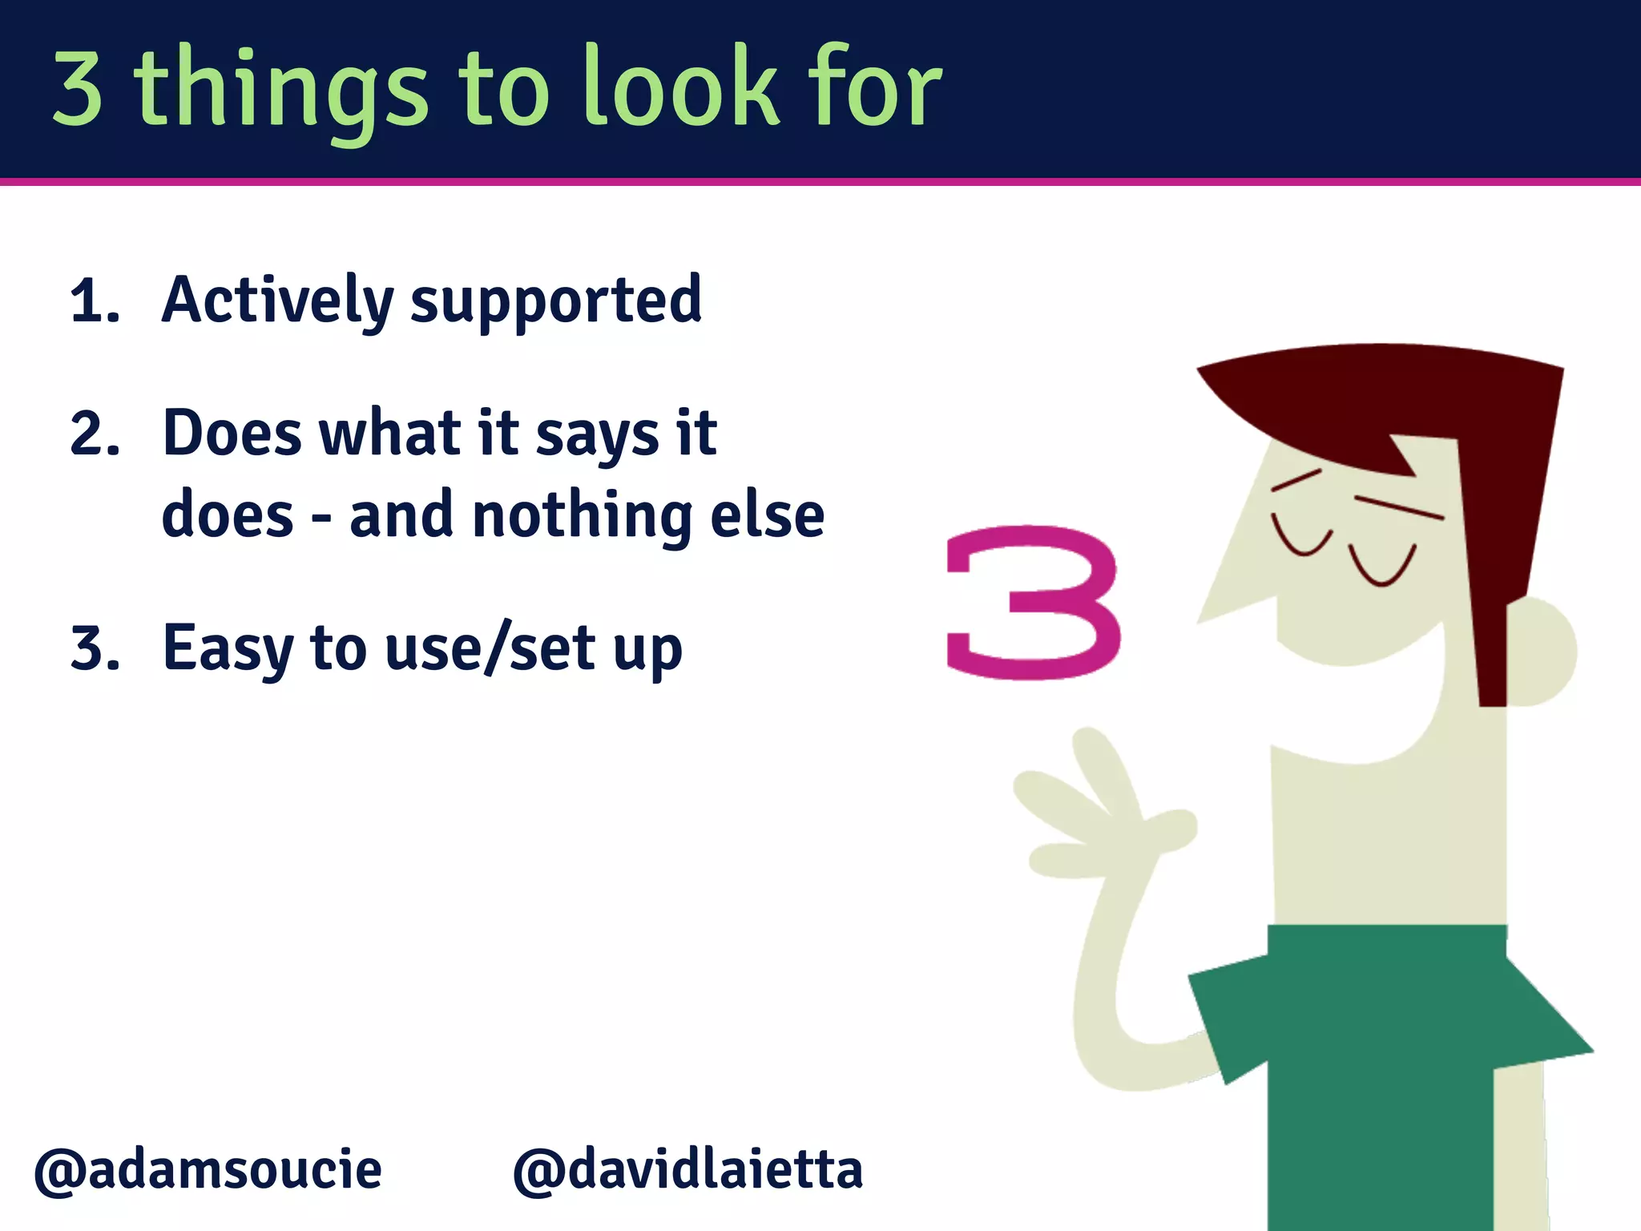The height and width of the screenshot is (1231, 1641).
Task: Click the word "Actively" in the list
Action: pos(277,301)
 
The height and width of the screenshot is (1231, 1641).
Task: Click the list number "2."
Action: pos(95,434)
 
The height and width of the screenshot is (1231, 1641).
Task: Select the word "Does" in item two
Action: pos(232,434)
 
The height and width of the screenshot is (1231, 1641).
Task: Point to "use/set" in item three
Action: pos(490,648)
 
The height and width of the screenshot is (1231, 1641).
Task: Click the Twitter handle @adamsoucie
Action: pos(208,1170)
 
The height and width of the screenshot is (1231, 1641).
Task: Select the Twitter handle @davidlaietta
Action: pos(687,1170)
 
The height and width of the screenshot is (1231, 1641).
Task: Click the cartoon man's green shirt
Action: pos(1378,1058)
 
